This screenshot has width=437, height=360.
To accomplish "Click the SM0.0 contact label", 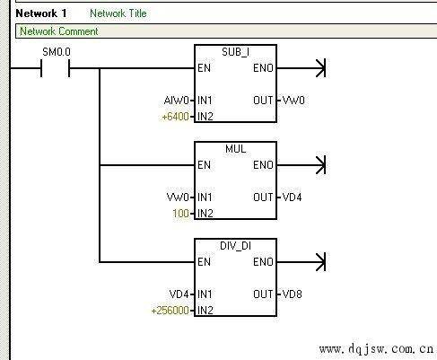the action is click(57, 52).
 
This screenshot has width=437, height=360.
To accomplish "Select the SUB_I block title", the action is click(235, 52).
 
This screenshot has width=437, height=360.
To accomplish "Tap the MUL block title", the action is click(235, 149).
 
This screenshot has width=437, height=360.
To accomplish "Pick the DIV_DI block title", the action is click(235, 246).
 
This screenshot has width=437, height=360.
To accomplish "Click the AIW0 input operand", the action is click(176, 101).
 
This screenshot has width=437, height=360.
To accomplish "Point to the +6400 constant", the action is click(175, 117).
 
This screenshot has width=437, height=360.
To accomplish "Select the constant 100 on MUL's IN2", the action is click(180, 214).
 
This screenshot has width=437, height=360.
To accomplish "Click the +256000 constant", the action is click(170, 311).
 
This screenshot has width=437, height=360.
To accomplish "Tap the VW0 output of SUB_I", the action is click(293, 101).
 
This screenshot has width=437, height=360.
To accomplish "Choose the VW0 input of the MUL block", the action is click(178, 198).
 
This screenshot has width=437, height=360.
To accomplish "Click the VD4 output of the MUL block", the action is click(292, 198).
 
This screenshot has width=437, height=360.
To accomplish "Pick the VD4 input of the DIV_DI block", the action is click(179, 294).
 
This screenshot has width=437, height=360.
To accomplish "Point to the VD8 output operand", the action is click(292, 294).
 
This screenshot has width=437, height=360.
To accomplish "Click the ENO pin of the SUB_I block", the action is click(263, 68).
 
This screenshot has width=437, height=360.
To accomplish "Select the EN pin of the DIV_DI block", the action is click(204, 262).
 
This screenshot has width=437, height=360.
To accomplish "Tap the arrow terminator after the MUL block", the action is click(320, 165).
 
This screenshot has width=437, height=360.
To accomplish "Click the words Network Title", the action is click(118, 13).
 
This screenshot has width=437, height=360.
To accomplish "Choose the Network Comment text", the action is click(59, 31).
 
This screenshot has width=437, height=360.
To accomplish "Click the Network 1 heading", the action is click(41, 13).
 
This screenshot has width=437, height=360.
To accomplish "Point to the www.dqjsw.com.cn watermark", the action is click(376, 349).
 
